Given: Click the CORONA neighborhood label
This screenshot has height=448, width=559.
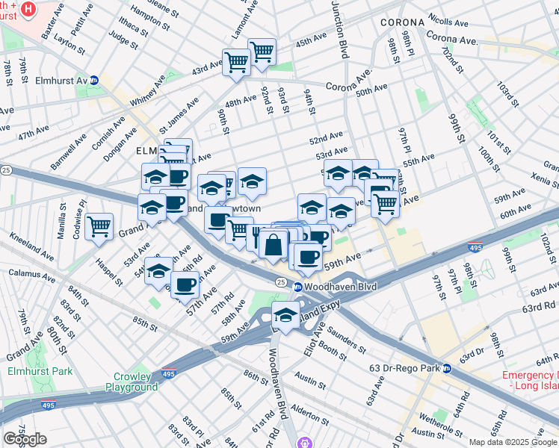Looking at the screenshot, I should point(402,22).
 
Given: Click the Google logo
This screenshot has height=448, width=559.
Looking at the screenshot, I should point(25,438).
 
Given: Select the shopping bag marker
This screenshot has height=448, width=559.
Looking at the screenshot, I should point(274,244).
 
